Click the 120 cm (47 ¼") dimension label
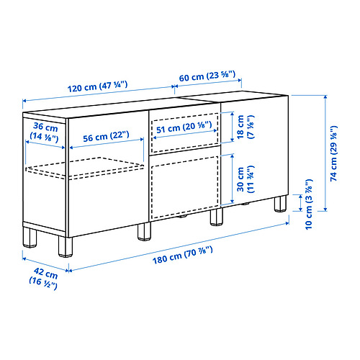click(x=99, y=84)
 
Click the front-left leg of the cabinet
click(x=64, y=244)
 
